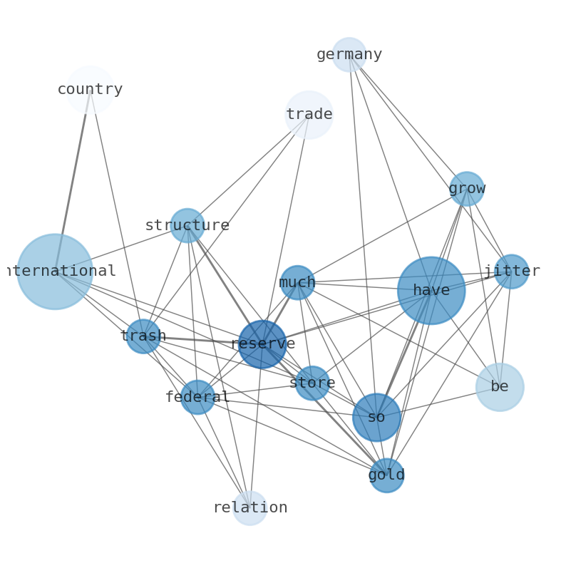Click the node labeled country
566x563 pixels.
[x=90, y=90]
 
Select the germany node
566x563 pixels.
[x=349, y=55]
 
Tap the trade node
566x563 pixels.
[x=309, y=115]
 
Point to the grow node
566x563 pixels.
[x=467, y=189]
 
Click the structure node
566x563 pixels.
[x=187, y=225]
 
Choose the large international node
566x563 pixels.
[x=55, y=272]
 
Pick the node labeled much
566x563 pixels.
[x=297, y=283]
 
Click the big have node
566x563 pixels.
[x=431, y=291]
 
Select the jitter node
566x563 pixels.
[x=511, y=272]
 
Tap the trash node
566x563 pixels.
[x=143, y=336]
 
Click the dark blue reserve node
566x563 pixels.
[x=262, y=344]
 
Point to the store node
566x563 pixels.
[x=312, y=383]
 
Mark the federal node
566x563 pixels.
[x=197, y=397]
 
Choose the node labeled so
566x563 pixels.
[x=376, y=418]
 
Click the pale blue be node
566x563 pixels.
[x=500, y=387]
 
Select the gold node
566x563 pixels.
[x=386, y=475]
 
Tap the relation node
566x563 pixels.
[x=249, y=508]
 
